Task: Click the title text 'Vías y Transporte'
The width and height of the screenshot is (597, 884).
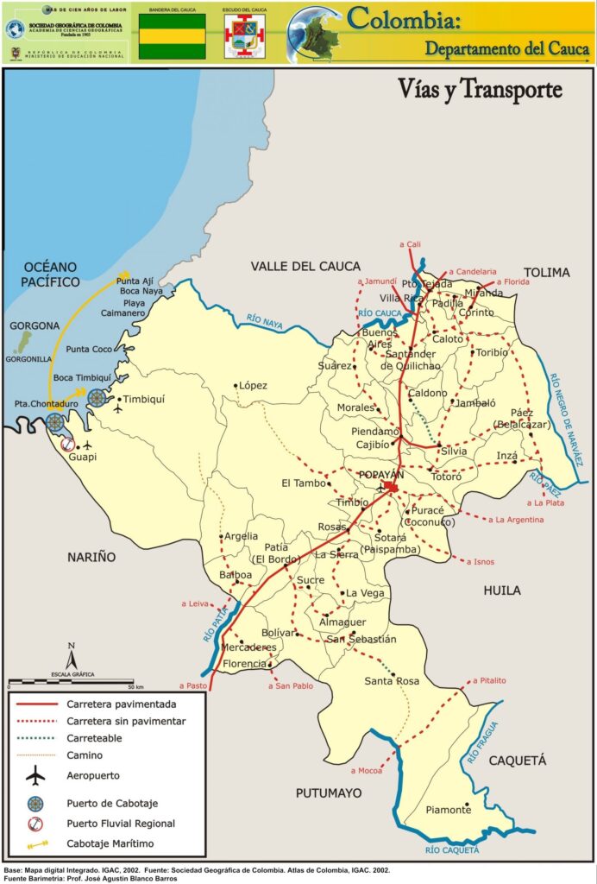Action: point(480,89)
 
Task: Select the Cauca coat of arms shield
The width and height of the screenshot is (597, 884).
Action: point(244,37)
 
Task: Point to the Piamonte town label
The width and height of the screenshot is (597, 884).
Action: point(449,810)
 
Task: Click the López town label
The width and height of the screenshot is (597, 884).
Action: point(254,385)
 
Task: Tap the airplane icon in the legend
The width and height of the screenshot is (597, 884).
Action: point(35,776)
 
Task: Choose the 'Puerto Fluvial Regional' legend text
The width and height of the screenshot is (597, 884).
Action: point(121,824)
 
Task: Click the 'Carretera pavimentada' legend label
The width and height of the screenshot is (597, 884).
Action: point(122,704)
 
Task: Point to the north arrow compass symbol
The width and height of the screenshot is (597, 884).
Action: point(72,655)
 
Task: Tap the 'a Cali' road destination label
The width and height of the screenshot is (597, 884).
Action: point(410,245)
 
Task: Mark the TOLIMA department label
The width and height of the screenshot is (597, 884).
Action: point(546,273)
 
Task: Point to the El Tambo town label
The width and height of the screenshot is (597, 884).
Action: point(301,483)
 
